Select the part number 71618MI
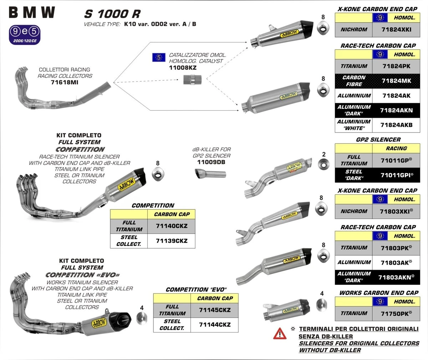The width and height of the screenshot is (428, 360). click(65, 82)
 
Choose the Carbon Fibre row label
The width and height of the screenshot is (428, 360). click(354, 81)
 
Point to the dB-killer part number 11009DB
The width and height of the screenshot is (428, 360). click(211, 162)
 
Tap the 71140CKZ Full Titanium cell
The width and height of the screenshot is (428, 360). click(172, 226)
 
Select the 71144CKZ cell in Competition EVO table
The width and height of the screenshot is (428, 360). click(215, 325)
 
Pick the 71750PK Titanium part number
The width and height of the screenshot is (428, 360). click(396, 313)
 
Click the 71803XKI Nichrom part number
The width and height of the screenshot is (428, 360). click(396, 211)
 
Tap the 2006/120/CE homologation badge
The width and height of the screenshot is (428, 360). click(25, 35)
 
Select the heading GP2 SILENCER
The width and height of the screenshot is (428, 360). click(378, 140)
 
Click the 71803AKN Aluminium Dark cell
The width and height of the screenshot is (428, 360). click(396, 277)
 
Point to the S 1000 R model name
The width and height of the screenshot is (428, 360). click(112, 14)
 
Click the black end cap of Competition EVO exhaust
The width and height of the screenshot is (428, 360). click(123, 318)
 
